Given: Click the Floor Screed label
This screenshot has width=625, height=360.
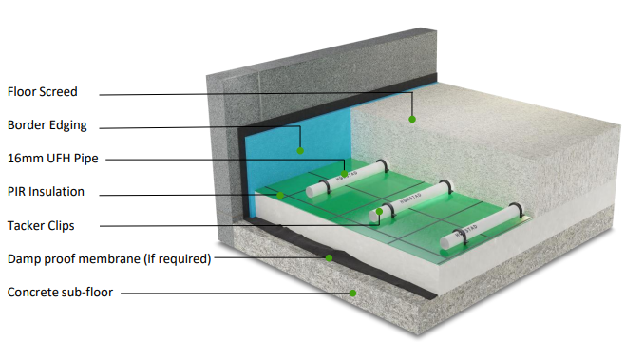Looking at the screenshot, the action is point(42,92).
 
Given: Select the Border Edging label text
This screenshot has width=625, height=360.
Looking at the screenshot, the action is point(47,124).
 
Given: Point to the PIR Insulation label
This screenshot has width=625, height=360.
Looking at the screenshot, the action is point(46,191).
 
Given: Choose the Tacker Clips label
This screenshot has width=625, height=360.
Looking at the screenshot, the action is point(41,224).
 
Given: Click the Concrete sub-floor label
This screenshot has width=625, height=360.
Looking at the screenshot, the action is point(60,292).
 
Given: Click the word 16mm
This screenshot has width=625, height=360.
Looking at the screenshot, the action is point(22,158).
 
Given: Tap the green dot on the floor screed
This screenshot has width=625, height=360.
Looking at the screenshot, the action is point(412,119).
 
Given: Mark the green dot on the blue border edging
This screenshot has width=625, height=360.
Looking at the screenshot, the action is point(300,149).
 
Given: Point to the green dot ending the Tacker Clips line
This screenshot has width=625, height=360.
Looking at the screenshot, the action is point(379,211).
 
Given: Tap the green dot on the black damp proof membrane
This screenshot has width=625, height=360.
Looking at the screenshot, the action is point(329,256).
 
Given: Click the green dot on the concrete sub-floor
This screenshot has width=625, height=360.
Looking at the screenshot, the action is point(352,294).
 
